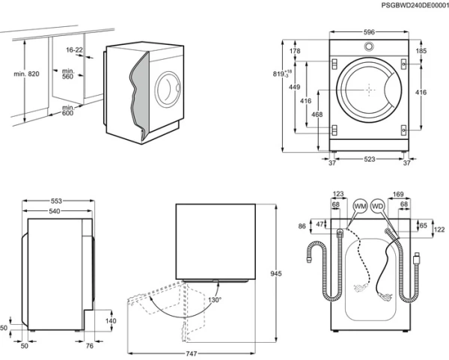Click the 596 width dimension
pos(369,32)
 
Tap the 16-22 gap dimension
pos(74,50)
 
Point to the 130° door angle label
pos(215,299)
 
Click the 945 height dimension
pos(275,275)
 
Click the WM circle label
pos(360,205)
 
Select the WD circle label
pos(378,205)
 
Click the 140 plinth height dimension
pos(111,320)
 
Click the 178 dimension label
pos(295,52)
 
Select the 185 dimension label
pos(421,52)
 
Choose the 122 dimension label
pos(439,229)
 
